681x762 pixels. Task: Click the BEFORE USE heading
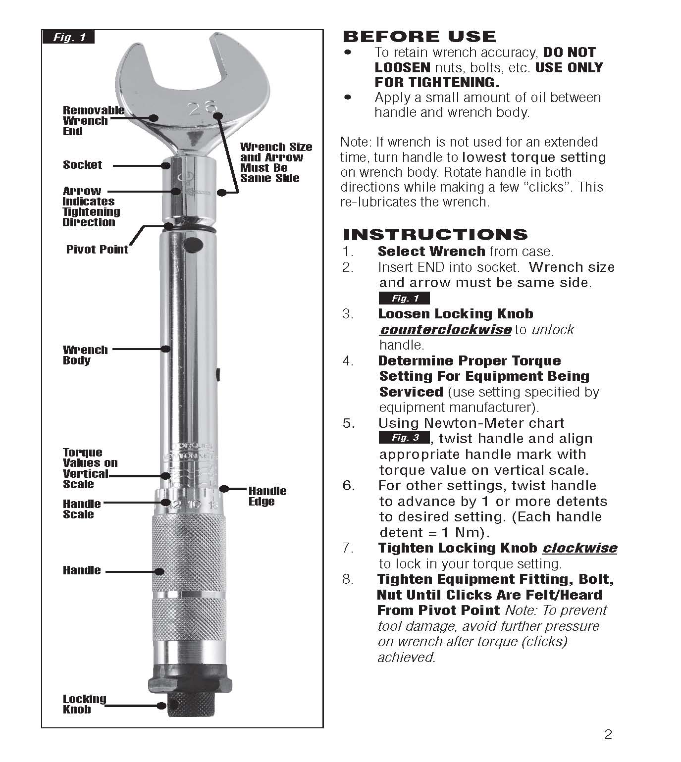point(419,37)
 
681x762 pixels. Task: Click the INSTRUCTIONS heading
point(435,234)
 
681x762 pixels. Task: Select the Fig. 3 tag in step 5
point(404,438)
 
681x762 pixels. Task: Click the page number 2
point(608,734)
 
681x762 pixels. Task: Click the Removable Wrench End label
point(93,121)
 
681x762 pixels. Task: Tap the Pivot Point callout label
point(97,249)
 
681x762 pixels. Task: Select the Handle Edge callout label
point(267,496)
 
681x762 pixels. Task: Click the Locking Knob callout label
point(84,704)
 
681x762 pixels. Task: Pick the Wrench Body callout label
point(85,355)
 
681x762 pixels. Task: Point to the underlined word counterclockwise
point(445,330)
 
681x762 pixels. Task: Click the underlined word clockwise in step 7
point(579,548)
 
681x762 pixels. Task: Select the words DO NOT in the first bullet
point(569,52)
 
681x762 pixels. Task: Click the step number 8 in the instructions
point(348,579)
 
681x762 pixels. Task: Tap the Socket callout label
point(82,165)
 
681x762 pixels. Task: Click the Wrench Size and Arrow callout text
point(275,162)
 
